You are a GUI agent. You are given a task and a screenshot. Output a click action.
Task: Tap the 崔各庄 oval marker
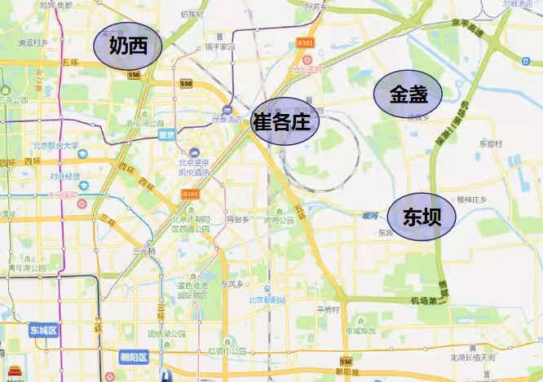[282, 123]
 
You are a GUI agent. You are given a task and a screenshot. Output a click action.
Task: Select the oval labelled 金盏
[408, 94]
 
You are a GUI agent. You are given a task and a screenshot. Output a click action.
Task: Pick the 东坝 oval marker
[419, 217]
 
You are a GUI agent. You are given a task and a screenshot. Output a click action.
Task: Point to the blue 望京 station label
[166, 134]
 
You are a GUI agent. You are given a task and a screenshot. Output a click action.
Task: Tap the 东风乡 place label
[233, 283]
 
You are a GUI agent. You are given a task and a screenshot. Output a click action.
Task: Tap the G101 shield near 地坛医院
[305, 42]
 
